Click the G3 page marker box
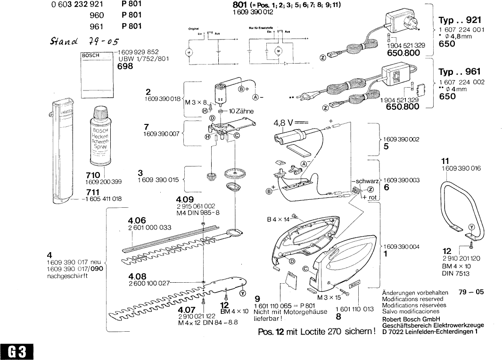point(16,351)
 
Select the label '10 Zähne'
point(241,111)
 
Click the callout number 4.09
point(184,199)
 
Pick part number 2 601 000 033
point(149,228)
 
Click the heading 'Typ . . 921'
point(460,21)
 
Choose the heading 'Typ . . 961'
point(460,72)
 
